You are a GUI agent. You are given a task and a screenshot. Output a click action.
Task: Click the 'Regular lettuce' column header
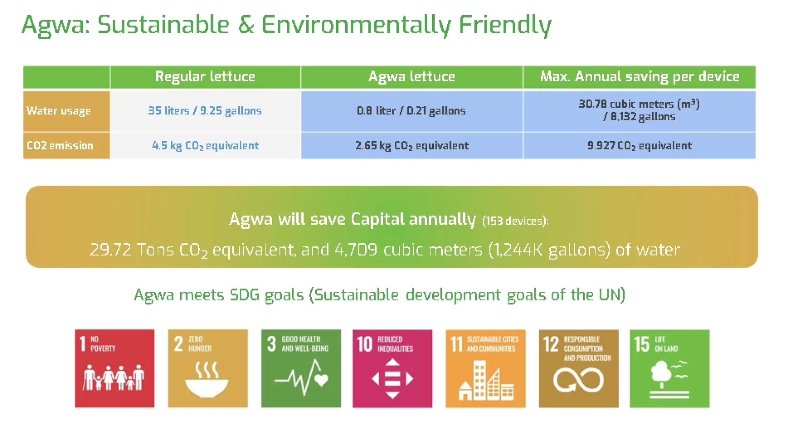tap(205, 77)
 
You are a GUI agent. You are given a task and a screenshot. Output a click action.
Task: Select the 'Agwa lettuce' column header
tap(411, 77)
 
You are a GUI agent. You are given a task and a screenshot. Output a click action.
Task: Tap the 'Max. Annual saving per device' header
tap(639, 77)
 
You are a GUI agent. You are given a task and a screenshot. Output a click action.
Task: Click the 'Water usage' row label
tap(59, 111)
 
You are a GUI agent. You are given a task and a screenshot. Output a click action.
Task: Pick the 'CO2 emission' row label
tap(60, 145)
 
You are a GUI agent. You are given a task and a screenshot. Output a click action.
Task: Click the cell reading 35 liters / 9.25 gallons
tap(205, 111)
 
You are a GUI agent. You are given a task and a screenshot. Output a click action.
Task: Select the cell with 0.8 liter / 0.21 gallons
tap(411, 111)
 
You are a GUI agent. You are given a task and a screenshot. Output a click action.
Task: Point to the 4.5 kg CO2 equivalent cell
tap(205, 146)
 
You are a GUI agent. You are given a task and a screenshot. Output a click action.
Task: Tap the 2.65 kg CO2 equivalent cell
tap(412, 146)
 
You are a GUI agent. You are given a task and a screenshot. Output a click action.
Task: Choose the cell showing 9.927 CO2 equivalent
tap(639, 146)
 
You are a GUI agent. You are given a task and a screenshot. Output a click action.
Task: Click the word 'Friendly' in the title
tap(505, 25)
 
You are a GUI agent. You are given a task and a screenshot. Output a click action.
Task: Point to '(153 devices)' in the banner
tap(515, 221)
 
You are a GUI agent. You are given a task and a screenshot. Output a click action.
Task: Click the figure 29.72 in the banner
tap(110, 250)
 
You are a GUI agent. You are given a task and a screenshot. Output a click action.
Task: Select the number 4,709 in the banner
tap(356, 250)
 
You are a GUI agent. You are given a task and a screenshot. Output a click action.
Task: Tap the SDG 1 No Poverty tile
tap(115, 368)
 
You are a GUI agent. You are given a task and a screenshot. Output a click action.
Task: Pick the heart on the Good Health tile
tap(321, 380)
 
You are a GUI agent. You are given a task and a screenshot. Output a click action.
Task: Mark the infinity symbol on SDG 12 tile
tap(578, 380)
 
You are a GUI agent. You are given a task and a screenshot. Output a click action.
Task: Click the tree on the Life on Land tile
tap(661, 371)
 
